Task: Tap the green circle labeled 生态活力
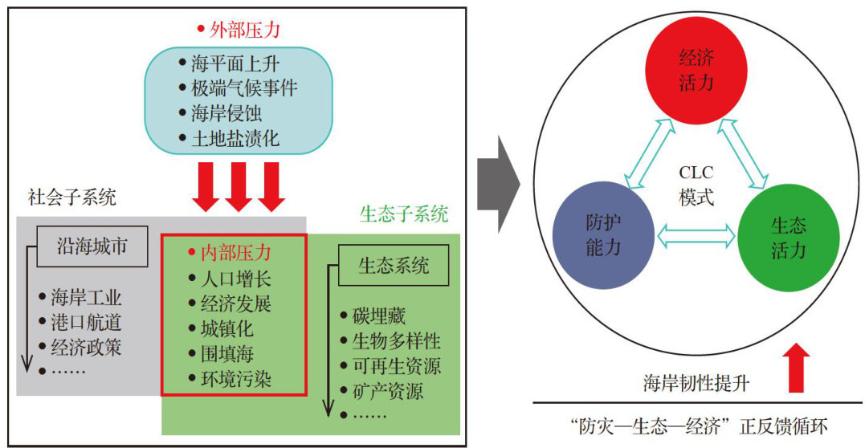pyautogui.click(x=789, y=238)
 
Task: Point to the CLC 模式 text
pyautogui.click(x=696, y=185)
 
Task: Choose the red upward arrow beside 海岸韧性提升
pyautogui.click(x=796, y=368)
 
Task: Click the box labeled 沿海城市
pyautogui.click(x=92, y=246)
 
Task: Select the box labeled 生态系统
pyautogui.click(x=394, y=266)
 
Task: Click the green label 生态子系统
pyautogui.click(x=404, y=214)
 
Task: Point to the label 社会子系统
pyautogui.click(x=72, y=197)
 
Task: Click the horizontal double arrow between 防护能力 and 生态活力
pyautogui.click(x=697, y=235)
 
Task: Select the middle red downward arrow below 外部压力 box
pyautogui.click(x=239, y=185)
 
